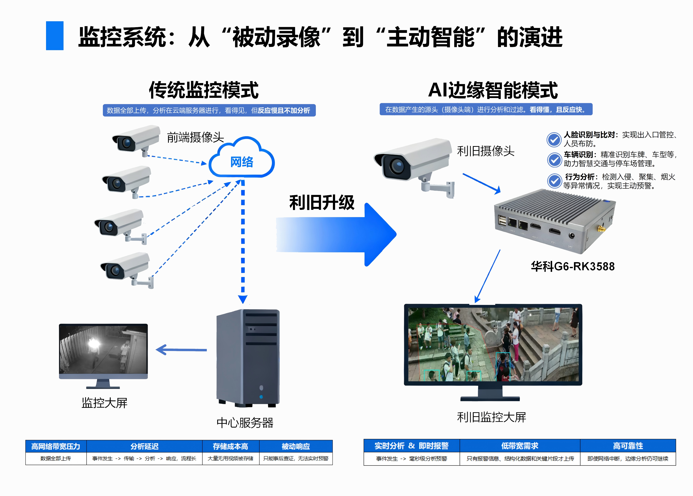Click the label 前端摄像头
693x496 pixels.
pos(195,137)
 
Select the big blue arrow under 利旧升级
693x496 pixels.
pos(336,235)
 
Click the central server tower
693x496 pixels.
pos(248,357)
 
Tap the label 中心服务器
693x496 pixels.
pos(245,423)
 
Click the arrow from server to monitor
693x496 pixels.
pos(182,350)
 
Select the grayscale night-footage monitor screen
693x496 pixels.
pos(103,350)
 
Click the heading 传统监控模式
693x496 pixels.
pos(204,90)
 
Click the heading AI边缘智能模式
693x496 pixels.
pos(492,90)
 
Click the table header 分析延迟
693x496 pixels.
pos(144,446)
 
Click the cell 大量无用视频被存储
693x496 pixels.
pos(230,458)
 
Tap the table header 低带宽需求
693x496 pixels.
pos(520,446)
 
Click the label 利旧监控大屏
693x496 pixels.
pos(492,417)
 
